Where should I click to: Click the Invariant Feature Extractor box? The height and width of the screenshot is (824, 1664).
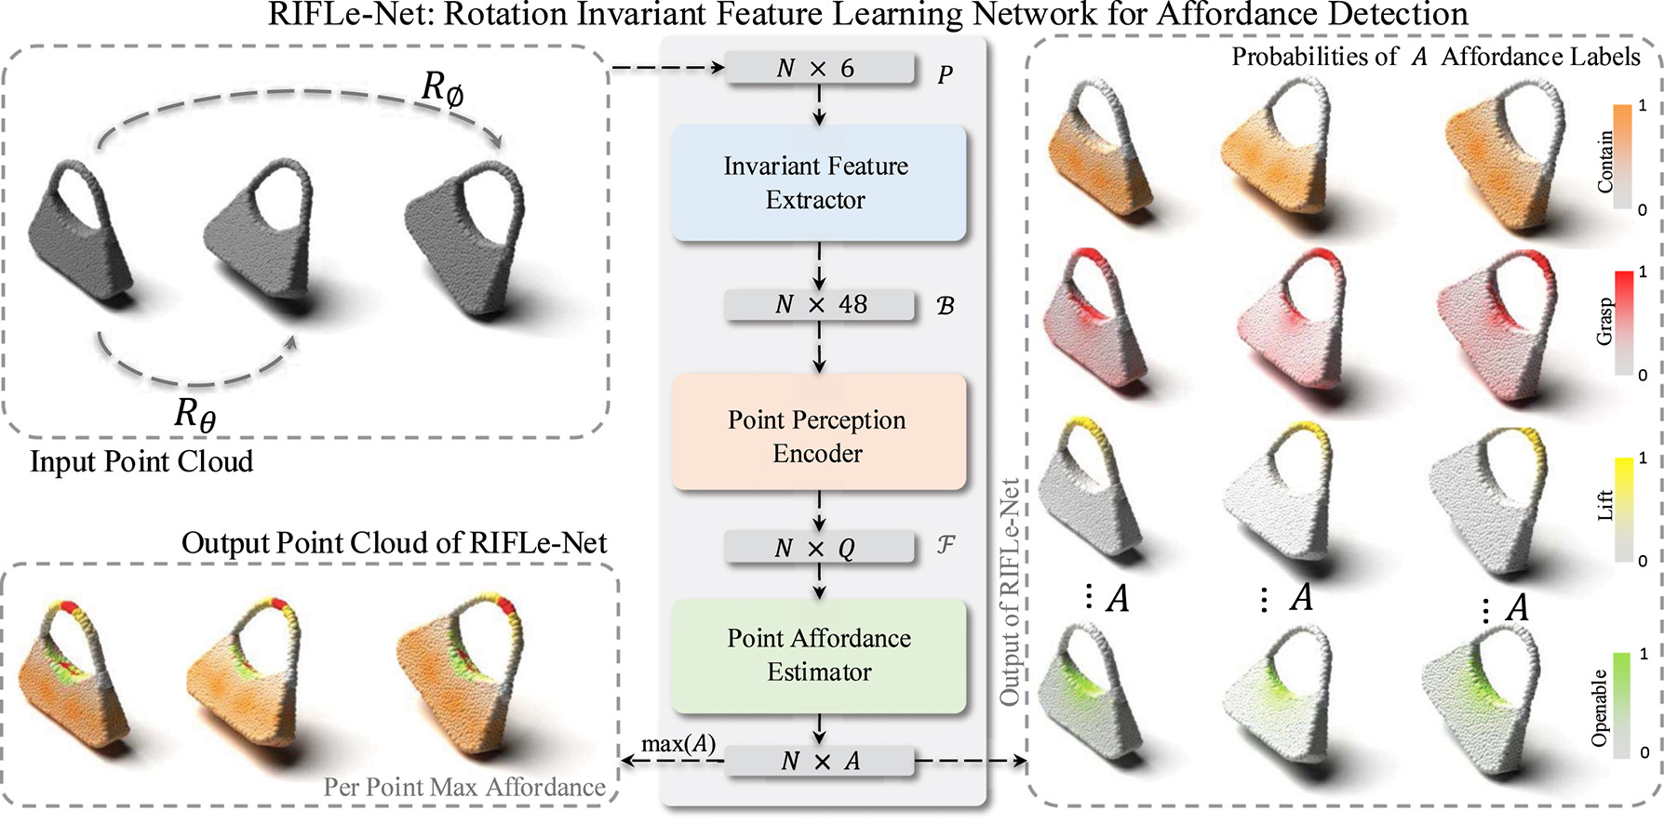[x=818, y=183]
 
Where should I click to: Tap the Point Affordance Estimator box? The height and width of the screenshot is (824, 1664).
[x=818, y=655]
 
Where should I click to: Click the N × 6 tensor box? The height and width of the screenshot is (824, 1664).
[x=818, y=68]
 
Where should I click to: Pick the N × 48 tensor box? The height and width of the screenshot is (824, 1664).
[x=818, y=305]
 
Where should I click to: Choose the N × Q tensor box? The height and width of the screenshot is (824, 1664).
[x=818, y=547]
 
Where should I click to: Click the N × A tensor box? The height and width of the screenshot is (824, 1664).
[x=818, y=761]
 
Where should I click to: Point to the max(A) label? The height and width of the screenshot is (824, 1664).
[x=678, y=744]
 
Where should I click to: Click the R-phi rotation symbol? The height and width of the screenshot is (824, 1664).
[x=443, y=89]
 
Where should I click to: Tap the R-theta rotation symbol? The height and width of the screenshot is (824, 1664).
[x=195, y=413]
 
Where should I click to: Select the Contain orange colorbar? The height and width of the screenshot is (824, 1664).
[x=1622, y=155]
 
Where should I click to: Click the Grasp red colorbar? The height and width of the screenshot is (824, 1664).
[x=1623, y=322]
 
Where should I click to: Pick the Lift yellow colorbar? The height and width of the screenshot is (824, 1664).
[x=1623, y=509]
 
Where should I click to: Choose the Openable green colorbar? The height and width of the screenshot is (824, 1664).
[x=1621, y=705]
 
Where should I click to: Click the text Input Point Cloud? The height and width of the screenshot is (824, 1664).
[x=141, y=461]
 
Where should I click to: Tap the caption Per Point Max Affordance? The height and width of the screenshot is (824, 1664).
[x=464, y=787]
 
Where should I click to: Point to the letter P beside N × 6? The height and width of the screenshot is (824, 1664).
[x=945, y=74]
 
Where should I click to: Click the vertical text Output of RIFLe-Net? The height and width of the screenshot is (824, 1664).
[x=1010, y=591]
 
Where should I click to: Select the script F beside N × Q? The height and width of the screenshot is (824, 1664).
[x=946, y=545]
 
